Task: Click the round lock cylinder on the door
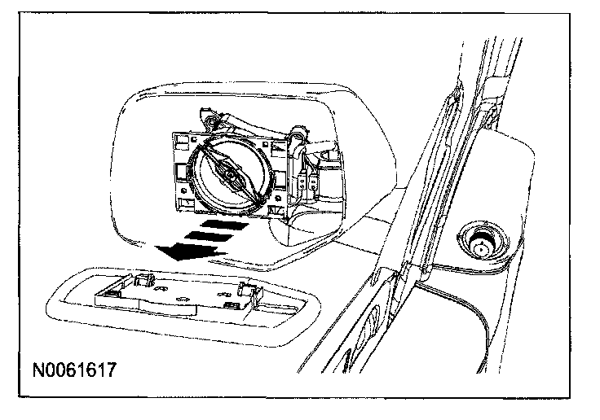[x=479, y=242]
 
